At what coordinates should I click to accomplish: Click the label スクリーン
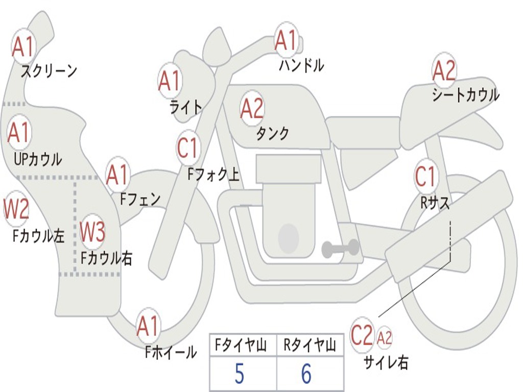tap(49, 70)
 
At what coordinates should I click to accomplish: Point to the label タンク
tap(272, 134)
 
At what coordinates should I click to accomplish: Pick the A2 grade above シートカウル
tap(444, 70)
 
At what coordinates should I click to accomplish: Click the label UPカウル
tap(37, 159)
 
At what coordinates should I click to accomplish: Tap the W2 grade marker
tap(16, 209)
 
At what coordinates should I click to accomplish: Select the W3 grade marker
tap(93, 232)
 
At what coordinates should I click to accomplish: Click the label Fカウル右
tap(107, 258)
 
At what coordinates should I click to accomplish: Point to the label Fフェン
tap(140, 199)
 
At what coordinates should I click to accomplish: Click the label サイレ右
tap(386, 362)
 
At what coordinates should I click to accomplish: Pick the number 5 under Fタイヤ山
tap(239, 374)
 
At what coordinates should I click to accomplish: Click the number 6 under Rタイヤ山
tap(306, 374)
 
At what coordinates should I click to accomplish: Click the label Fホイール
tap(171, 352)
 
